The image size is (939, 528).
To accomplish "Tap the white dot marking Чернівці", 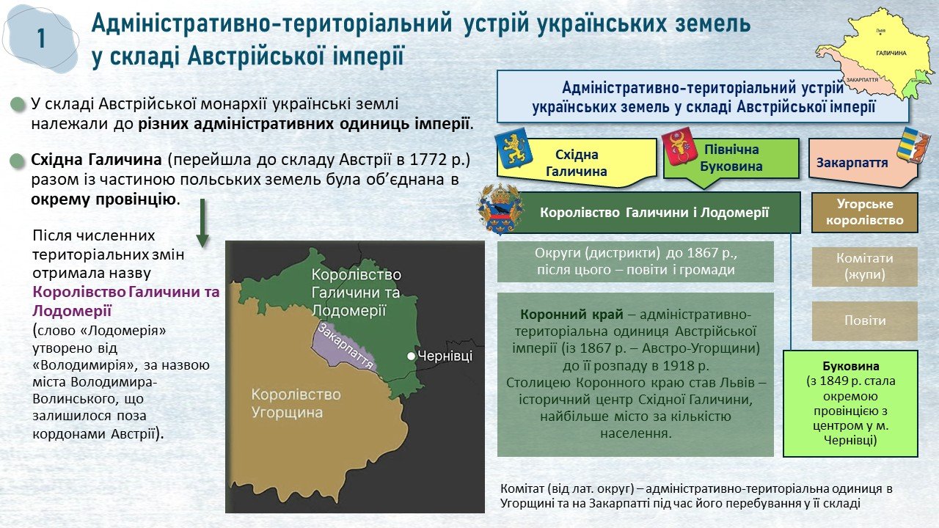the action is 412,356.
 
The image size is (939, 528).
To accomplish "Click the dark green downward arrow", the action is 202,223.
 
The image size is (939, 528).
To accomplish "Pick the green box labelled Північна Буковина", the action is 731,158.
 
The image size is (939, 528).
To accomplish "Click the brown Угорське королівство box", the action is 865,213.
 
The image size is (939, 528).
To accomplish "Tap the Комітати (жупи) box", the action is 865,266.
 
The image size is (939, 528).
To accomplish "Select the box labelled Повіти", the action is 865,320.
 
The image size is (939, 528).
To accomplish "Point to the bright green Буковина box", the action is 850,403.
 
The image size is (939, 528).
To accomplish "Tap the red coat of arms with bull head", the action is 679,147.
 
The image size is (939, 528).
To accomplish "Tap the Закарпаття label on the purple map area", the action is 346,347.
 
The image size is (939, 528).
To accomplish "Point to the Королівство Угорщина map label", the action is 296,403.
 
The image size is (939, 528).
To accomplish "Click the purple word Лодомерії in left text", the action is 72,311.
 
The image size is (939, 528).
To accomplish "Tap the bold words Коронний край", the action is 571,315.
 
